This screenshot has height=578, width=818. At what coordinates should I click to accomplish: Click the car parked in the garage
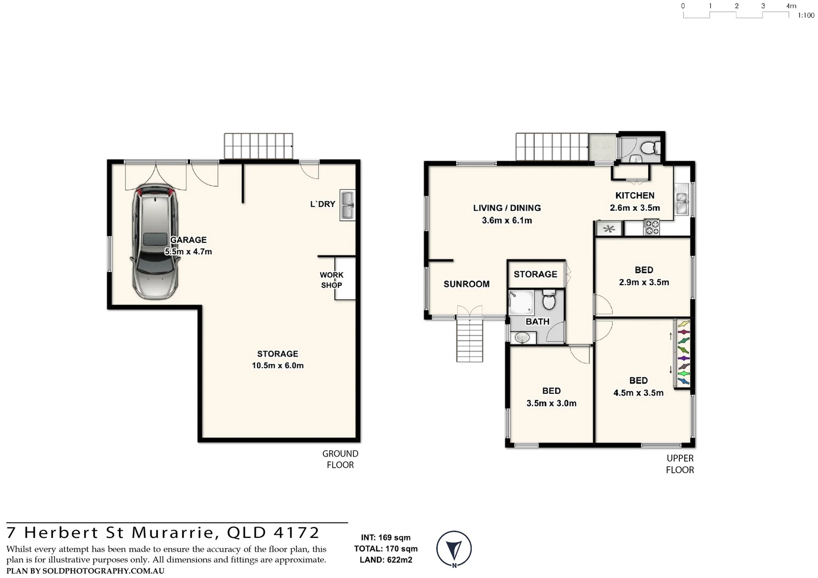[155, 242]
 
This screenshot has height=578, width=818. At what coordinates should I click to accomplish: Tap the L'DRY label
[322, 204]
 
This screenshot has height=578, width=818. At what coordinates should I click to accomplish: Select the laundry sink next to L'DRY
[347, 205]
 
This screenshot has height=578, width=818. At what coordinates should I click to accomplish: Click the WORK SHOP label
[331, 280]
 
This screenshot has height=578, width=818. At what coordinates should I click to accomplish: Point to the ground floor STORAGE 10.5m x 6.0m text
[277, 360]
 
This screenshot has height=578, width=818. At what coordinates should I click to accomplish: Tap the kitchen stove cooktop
[651, 228]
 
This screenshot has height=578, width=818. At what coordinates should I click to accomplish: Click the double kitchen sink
[681, 200]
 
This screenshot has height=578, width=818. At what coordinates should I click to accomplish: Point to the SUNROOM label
[466, 284]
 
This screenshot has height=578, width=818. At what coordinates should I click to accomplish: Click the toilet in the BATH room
[549, 300]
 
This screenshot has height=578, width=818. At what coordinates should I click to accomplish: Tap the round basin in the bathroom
[520, 338]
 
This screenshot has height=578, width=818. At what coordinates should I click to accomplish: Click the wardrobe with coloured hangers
[683, 353]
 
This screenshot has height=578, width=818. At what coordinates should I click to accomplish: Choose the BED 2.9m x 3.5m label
[643, 276]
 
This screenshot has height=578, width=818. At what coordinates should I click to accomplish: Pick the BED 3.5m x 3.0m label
[551, 397]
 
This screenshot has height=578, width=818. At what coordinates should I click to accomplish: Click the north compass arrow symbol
[454, 549]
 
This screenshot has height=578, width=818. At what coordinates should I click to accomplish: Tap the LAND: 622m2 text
[385, 560]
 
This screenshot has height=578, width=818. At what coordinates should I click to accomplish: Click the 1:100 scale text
[806, 16]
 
